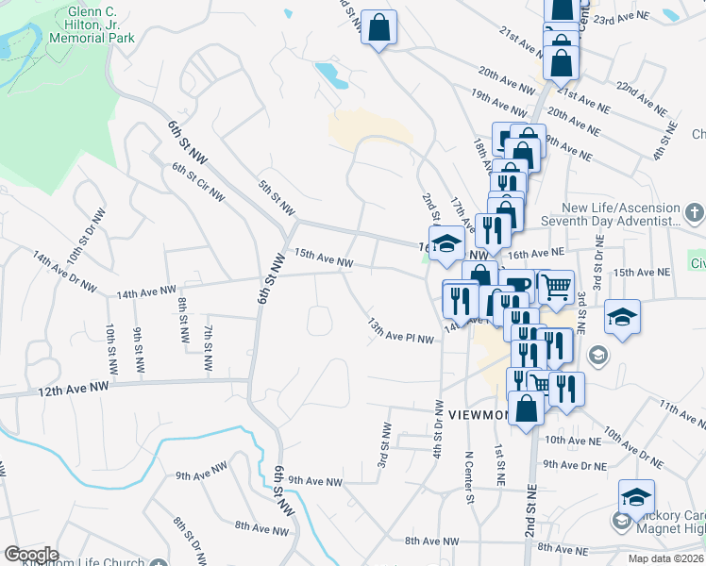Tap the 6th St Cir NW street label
click(198, 182)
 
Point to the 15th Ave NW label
click(324, 258)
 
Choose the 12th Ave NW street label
click(73, 389)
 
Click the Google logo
click(31, 555)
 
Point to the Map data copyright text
click(666, 558)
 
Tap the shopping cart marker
click(555, 284)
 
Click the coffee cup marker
click(518, 285)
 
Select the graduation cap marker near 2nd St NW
click(447, 242)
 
